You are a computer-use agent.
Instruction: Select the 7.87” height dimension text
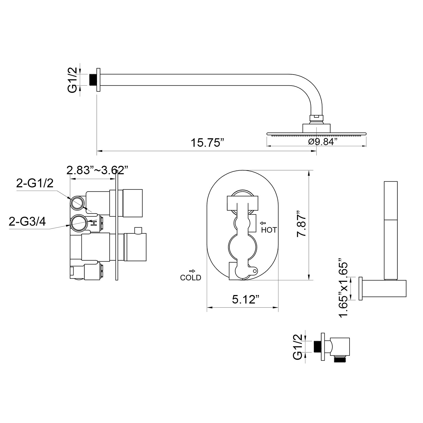coord(302,224)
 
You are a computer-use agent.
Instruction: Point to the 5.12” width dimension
coord(245,300)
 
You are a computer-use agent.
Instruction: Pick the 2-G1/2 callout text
coord(35,183)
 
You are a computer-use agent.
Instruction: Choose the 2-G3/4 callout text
coord(27,222)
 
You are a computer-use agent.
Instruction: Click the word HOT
coord(269,230)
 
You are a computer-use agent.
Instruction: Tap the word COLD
coord(191,278)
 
